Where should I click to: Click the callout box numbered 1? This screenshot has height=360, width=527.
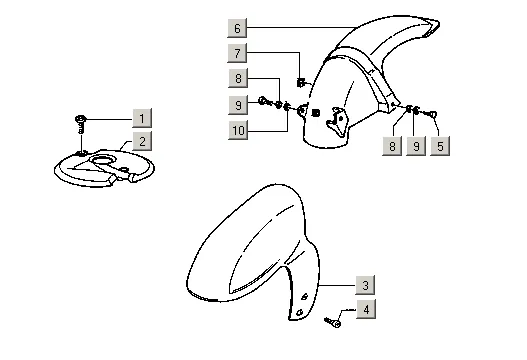pyautogui.click(x=142, y=118)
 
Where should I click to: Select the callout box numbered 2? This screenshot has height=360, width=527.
pyautogui.click(x=142, y=141)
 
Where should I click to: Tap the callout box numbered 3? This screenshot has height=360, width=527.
pyautogui.click(x=365, y=285)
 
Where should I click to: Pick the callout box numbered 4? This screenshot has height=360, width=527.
pyautogui.click(x=366, y=309)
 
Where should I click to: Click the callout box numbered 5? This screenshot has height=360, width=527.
pyautogui.click(x=440, y=146)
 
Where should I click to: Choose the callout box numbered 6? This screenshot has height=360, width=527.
pyautogui.click(x=237, y=28)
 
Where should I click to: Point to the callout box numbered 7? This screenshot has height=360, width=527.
pyautogui.click(x=237, y=53)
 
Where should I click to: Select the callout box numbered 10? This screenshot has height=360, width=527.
pyautogui.click(x=238, y=130)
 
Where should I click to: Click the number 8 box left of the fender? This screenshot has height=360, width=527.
pyautogui.click(x=238, y=78)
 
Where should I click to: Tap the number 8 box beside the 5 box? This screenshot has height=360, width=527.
pyautogui.click(x=392, y=146)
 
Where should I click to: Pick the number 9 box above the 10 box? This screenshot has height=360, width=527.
pyautogui.click(x=238, y=105)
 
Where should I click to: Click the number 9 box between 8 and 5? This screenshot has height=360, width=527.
pyautogui.click(x=416, y=146)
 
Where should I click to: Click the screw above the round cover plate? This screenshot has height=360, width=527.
pyautogui.click(x=81, y=124)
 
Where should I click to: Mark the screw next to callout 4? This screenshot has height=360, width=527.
pyautogui.click(x=333, y=323)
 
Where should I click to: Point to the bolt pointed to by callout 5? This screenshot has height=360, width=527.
pyautogui.click(x=431, y=115)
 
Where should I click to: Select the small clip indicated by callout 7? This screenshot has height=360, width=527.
pyautogui.click(x=301, y=82)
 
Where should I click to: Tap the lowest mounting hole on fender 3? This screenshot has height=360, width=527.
pyautogui.click(x=300, y=312)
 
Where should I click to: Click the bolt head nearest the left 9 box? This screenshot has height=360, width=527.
pyautogui.click(x=263, y=101)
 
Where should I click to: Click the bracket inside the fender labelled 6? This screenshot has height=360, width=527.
pyautogui.click(x=337, y=122)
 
